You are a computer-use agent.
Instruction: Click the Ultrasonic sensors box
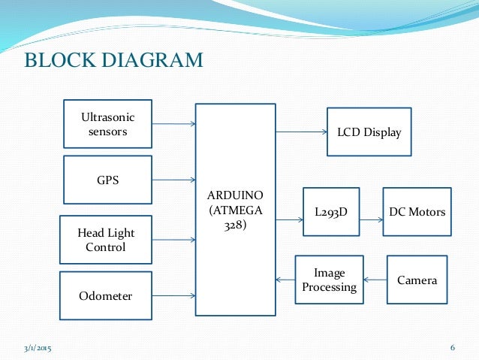click(107, 125)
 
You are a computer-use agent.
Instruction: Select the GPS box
click(107, 180)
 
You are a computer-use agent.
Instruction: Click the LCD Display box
click(369, 132)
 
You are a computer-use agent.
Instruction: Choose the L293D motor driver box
click(330, 212)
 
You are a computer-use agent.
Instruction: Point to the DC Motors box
click(417, 212)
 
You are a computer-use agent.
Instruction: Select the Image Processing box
click(329, 280)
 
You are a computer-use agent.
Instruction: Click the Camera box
click(417, 280)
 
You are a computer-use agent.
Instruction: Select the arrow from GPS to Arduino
click(173, 180)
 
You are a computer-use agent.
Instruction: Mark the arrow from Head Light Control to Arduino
click(173, 240)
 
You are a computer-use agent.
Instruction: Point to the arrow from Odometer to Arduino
click(173, 295)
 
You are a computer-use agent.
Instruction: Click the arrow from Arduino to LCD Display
click(301, 132)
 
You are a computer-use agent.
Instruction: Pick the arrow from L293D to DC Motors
click(371, 219)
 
